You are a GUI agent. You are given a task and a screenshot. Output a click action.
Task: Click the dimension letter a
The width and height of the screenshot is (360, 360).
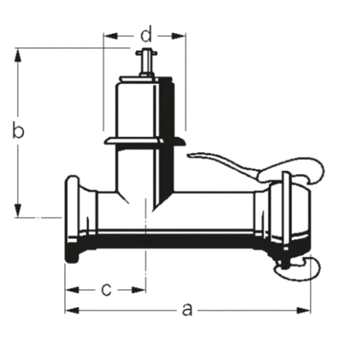[187, 310]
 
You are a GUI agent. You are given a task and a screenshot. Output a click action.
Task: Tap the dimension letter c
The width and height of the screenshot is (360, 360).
[106, 290]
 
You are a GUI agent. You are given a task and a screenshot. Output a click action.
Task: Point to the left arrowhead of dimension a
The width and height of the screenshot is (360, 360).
[72, 311]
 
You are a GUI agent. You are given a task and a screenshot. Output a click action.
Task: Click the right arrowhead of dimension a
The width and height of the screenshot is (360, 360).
[303, 311]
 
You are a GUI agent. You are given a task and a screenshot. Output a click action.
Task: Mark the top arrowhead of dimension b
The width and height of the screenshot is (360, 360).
[18, 55]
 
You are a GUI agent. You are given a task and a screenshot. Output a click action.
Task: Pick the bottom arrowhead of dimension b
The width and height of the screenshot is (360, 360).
[18, 210]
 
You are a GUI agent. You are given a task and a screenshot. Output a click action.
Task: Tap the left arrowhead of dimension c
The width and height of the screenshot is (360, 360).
[72, 290]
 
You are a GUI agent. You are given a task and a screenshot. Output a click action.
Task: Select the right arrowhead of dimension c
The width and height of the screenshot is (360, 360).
[139, 290]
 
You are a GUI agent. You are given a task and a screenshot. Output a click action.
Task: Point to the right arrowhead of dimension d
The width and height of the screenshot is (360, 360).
[178, 36]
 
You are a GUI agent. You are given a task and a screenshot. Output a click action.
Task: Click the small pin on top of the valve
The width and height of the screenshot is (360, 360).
[146, 63]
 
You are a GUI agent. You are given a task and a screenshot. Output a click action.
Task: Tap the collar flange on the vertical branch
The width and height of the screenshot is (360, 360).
[145, 142]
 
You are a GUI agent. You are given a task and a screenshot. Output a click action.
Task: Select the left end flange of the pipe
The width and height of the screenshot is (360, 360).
[72, 219]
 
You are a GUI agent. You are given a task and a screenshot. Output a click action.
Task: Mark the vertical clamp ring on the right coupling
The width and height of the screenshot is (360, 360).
[286, 210]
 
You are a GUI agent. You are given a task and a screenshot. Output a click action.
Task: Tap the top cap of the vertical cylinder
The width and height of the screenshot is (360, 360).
[147, 80]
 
